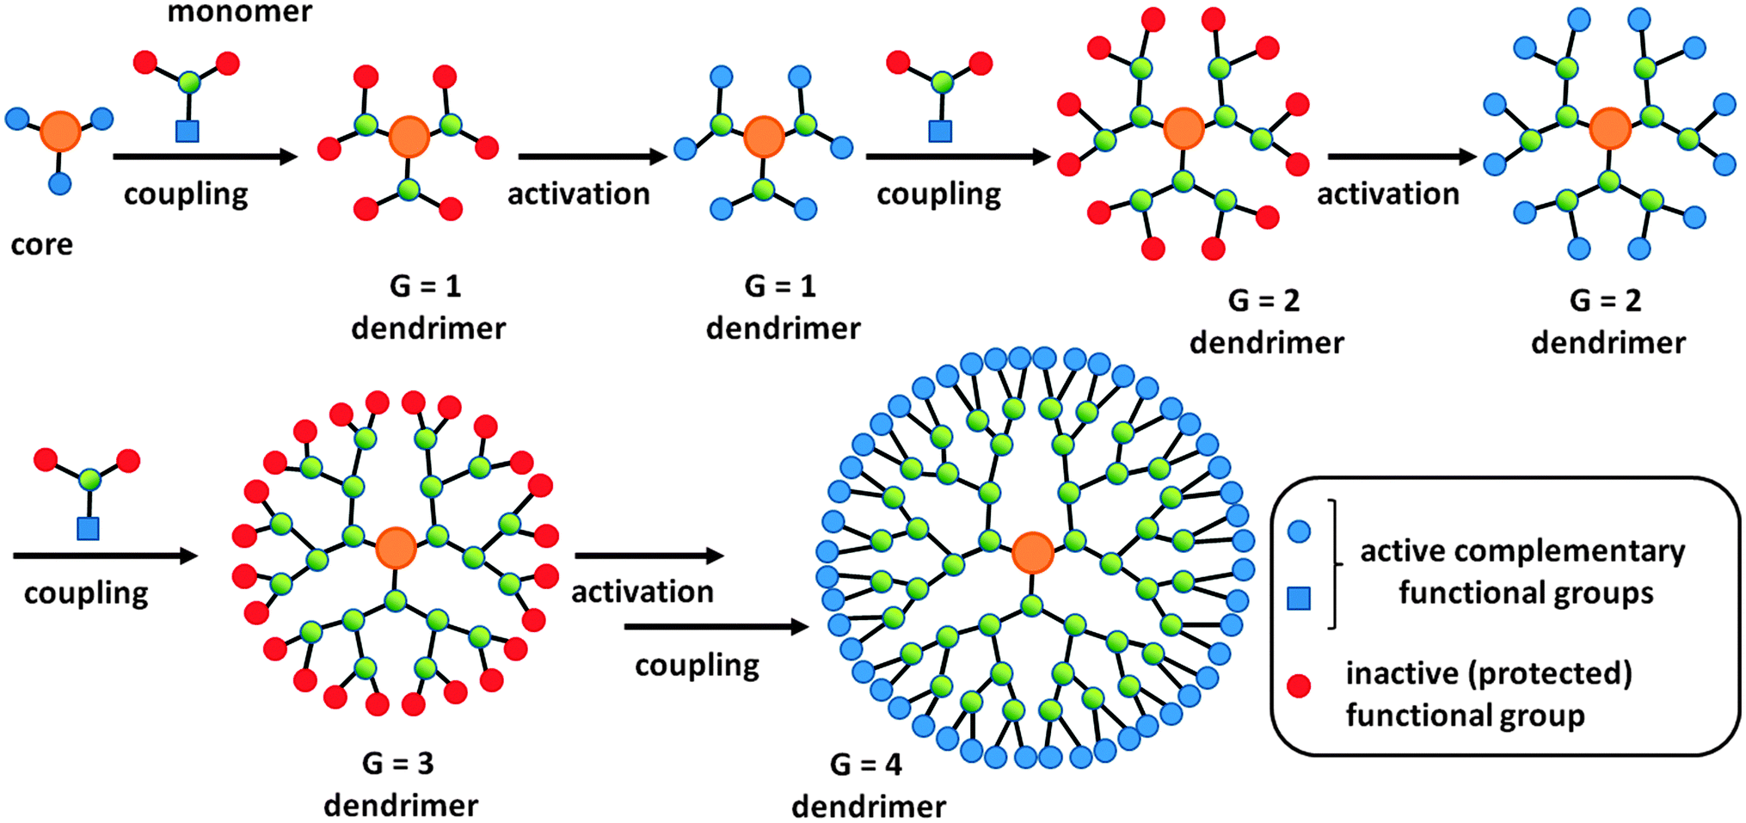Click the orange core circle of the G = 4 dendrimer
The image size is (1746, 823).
pyautogui.click(x=1032, y=553)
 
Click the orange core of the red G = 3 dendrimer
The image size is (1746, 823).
pyautogui.click(x=396, y=548)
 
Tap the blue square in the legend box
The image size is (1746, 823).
pyautogui.click(x=1298, y=598)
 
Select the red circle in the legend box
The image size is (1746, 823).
pyautogui.click(x=1298, y=685)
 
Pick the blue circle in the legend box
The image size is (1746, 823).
pyautogui.click(x=1298, y=531)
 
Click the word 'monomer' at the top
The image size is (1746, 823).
pyautogui.click(x=239, y=12)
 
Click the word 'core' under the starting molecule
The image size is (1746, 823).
pyautogui.click(x=41, y=245)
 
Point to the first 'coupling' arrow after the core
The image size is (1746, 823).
pyautogui.click(x=204, y=157)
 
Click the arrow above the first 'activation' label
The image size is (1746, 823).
pyautogui.click(x=592, y=157)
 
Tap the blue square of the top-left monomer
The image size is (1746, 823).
pyautogui.click(x=187, y=131)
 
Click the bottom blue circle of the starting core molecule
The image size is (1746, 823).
pyautogui.click(x=59, y=183)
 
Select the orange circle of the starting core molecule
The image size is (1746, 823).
pyautogui.click(x=60, y=131)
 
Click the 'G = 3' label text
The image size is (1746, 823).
pyautogui.click(x=397, y=763)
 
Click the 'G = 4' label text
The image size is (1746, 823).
pyautogui.click(x=865, y=765)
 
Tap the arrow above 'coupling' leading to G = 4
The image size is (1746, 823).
pyautogui.click(x=716, y=627)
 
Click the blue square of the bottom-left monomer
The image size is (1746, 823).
pyautogui.click(x=88, y=528)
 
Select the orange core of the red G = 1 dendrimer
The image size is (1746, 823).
pyautogui.click(x=409, y=138)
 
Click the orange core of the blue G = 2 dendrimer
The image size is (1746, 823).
pyautogui.click(x=1609, y=129)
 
